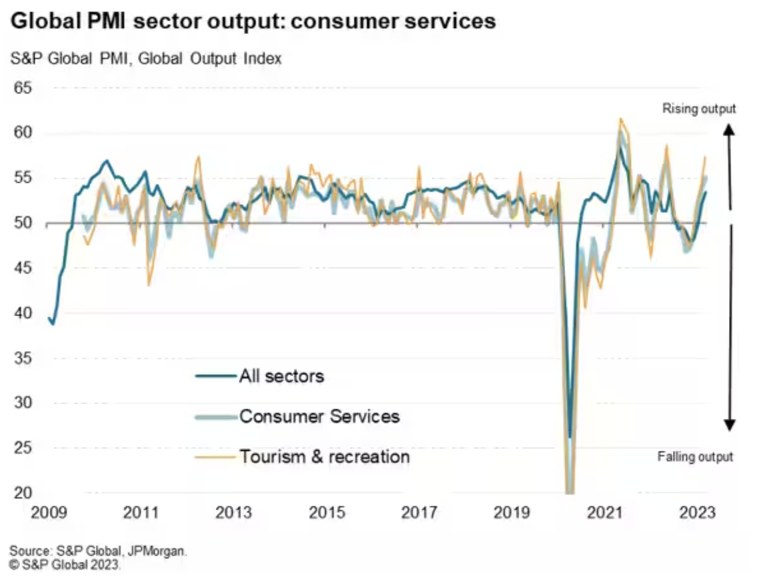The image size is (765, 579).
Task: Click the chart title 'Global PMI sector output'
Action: tap(253, 21)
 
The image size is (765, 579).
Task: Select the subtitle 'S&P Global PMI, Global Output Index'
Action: tap(146, 59)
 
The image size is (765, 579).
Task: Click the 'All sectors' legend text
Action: tap(281, 376)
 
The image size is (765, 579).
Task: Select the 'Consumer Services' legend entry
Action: tap(319, 417)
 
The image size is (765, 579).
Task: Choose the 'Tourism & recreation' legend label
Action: tap(325, 457)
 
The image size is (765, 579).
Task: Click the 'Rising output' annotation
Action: tap(698, 109)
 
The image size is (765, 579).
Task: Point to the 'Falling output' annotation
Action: tap(695, 457)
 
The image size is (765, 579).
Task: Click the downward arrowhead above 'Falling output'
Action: tap(730, 424)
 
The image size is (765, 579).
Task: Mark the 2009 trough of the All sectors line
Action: tap(53, 324)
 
